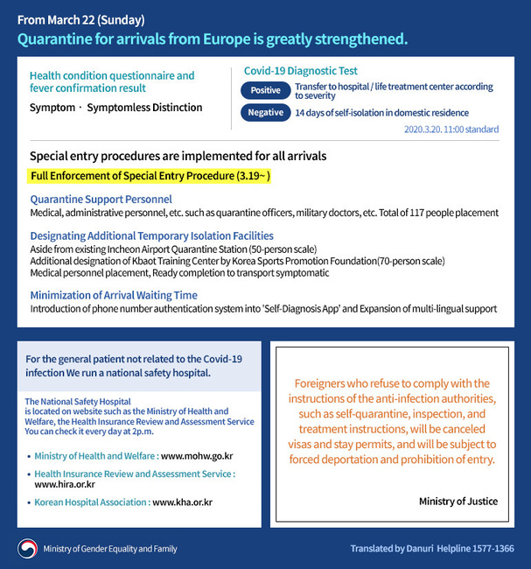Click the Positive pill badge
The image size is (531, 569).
(x=265, y=90)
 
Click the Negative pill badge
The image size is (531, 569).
(x=265, y=112)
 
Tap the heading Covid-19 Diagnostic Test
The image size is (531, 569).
(x=300, y=71)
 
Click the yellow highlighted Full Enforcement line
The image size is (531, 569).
(x=150, y=176)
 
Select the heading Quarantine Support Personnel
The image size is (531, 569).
(x=101, y=200)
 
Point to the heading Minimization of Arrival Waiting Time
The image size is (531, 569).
(x=114, y=295)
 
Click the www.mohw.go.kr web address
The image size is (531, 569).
(x=197, y=456)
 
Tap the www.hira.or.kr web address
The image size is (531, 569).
(x=65, y=484)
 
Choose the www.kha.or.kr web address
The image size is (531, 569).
(x=182, y=502)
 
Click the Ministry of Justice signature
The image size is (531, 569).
(x=458, y=502)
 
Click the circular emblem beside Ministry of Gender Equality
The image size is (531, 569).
(x=27, y=549)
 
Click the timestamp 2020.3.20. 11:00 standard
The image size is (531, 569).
(x=451, y=130)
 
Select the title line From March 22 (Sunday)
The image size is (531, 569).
(x=80, y=19)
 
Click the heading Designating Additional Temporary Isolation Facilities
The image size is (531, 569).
(x=151, y=236)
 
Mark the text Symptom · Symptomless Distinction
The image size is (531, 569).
(x=115, y=108)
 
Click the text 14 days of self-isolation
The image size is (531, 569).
(x=381, y=113)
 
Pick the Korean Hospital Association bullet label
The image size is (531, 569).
(x=92, y=502)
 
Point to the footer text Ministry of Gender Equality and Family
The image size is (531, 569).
(x=109, y=549)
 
